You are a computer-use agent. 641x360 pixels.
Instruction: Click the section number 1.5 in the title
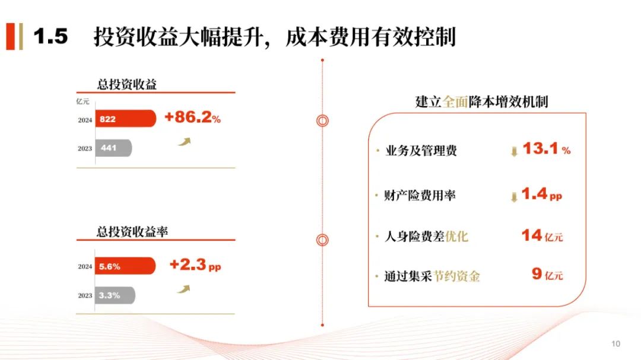pyautogui.click(x=50, y=36)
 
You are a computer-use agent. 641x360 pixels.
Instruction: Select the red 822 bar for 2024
pyautogui.click(x=125, y=119)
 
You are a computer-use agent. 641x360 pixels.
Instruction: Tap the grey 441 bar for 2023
pyautogui.click(x=113, y=148)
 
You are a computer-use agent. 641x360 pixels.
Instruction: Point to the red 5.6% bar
pyautogui.click(x=125, y=266)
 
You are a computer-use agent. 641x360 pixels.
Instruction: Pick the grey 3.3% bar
pyautogui.click(x=115, y=295)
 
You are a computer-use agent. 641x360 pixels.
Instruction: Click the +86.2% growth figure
pyautogui.click(x=192, y=117)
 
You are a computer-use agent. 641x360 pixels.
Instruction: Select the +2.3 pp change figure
pyautogui.click(x=195, y=265)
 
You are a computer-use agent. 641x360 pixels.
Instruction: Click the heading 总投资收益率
pyautogui.click(x=132, y=232)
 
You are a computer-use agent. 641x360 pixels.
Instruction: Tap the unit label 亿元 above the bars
pyautogui.click(x=82, y=101)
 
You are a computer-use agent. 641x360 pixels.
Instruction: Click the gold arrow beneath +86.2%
pyautogui.click(x=185, y=142)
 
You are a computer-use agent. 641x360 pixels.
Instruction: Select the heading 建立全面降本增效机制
pyautogui.click(x=481, y=102)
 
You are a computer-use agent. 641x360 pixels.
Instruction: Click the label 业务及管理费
pyautogui.click(x=421, y=151)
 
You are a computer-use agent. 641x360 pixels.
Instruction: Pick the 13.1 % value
pyautogui.click(x=547, y=148)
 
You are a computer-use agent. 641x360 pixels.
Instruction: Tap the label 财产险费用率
pyautogui.click(x=420, y=195)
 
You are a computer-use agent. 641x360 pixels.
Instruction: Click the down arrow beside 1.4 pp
pyautogui.click(x=514, y=197)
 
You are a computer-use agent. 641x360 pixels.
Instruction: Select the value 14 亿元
pyautogui.click(x=542, y=236)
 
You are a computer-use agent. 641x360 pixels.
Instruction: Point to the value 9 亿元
pyautogui.click(x=547, y=274)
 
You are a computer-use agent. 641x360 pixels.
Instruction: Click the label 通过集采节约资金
pyautogui.click(x=432, y=276)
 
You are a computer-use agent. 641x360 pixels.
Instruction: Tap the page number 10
pyautogui.click(x=616, y=344)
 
